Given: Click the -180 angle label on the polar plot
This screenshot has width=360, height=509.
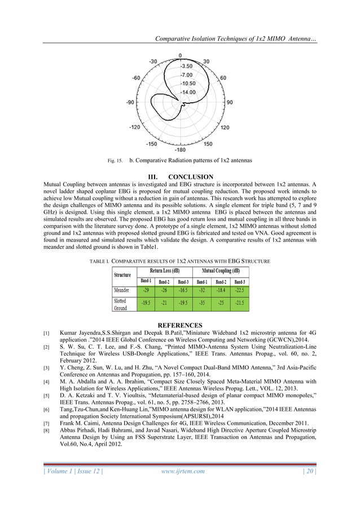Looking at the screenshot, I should click(x=180, y=150).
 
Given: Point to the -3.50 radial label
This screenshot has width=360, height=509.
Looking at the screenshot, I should click(x=188, y=65).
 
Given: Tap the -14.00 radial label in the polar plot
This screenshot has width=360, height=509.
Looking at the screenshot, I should click(x=188, y=91).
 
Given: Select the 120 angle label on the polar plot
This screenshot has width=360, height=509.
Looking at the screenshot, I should click(x=224, y=128).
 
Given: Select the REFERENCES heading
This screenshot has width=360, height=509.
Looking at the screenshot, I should click(x=179, y=326).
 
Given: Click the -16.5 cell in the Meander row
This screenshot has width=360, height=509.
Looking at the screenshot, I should click(x=183, y=291).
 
